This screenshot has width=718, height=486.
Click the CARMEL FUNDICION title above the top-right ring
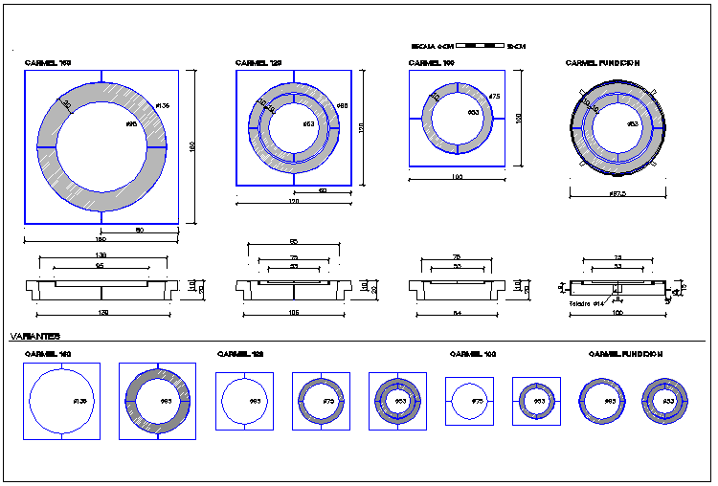[602, 63]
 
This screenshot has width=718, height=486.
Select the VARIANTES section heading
[35, 337]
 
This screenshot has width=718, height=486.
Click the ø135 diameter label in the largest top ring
[162, 105]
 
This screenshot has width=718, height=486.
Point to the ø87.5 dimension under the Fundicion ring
[617, 194]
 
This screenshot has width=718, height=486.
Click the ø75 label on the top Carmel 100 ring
[494, 97]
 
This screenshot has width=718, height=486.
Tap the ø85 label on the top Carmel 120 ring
[342, 105]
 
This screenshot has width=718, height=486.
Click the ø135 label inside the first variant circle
[79, 401]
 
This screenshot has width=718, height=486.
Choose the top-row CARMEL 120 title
[258, 63]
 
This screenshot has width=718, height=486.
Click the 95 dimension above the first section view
[100, 266]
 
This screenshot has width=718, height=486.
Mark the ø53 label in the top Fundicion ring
[632, 124]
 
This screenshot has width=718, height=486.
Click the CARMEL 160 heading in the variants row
[48, 354]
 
